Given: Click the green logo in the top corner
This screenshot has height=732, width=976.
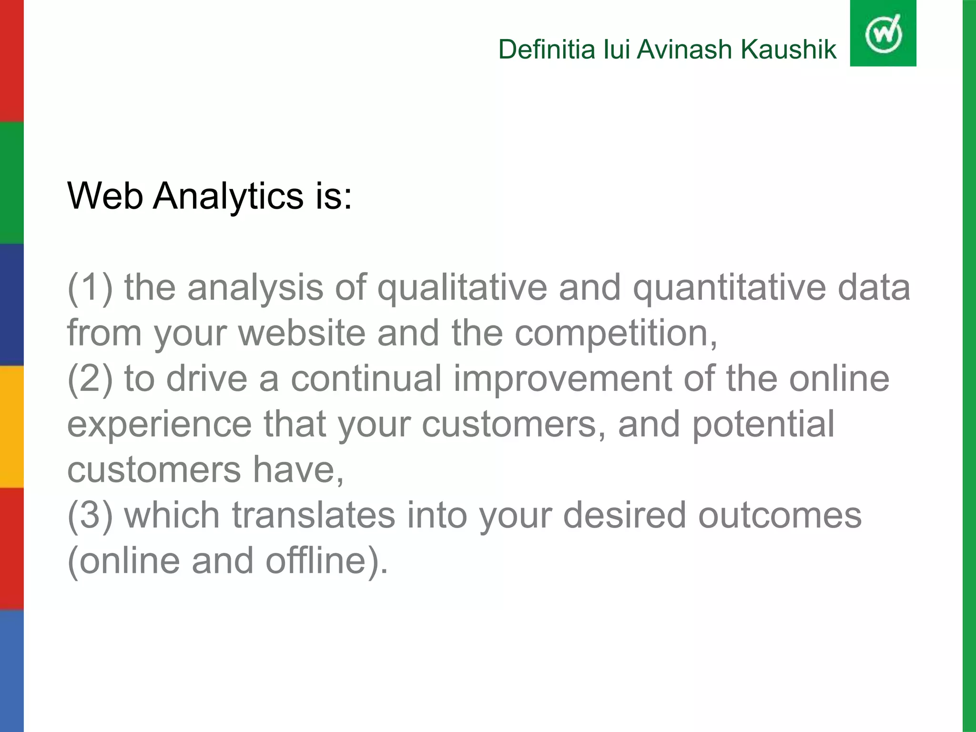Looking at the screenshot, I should pos(883,33).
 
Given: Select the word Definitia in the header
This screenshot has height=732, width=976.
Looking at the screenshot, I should pos(546,50).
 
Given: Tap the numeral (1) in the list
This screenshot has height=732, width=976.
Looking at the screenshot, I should pos(90,288).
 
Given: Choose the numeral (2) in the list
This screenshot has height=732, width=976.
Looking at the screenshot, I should pos(90,379).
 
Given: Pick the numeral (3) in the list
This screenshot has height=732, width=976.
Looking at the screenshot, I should pos(90,516).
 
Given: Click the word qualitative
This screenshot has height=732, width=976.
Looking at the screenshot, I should pos(462,289).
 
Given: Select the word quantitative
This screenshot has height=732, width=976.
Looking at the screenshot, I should pos(729,289).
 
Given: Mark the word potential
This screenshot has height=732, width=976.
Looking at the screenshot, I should pos(762,424).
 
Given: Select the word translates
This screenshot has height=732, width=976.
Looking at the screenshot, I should pos(314,516).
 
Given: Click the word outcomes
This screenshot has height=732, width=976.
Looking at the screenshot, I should pos(780,516).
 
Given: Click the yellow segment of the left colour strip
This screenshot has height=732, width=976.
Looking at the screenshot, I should pos(11,427).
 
